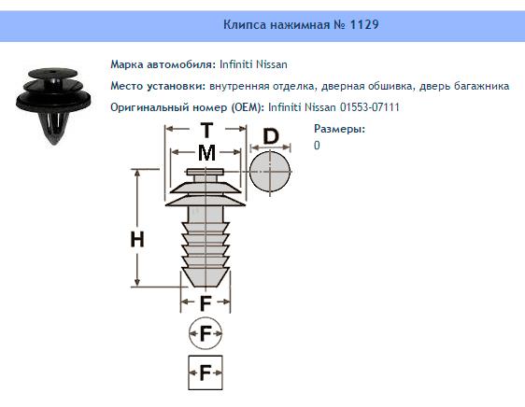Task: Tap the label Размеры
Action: pyautogui.click(x=339, y=130)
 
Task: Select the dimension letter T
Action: pyautogui.click(x=206, y=131)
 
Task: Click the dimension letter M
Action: pyautogui.click(x=206, y=151)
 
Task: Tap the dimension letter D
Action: pyautogui.click(x=270, y=136)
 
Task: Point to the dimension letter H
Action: pyautogui.click(x=137, y=239)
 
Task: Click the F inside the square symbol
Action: pyautogui.click(x=206, y=372)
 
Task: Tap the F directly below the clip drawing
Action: pyautogui.click(x=206, y=302)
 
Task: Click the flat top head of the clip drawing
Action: pyautogui.click(x=206, y=172)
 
